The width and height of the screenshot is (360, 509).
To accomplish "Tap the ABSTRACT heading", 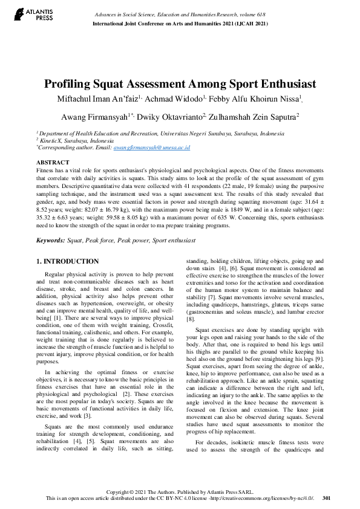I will [53, 163].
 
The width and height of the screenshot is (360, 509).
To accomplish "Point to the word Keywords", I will [50, 241].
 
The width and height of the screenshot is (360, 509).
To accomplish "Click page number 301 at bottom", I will [327, 498].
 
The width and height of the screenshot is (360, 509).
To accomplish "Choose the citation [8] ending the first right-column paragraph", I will [190, 319].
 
